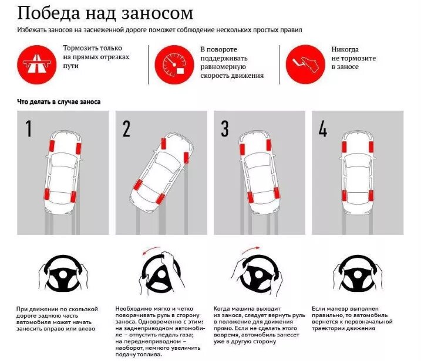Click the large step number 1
29,128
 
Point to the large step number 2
126,128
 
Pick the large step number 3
225,128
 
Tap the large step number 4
322,128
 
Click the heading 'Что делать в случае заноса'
59,101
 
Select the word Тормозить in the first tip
82,50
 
